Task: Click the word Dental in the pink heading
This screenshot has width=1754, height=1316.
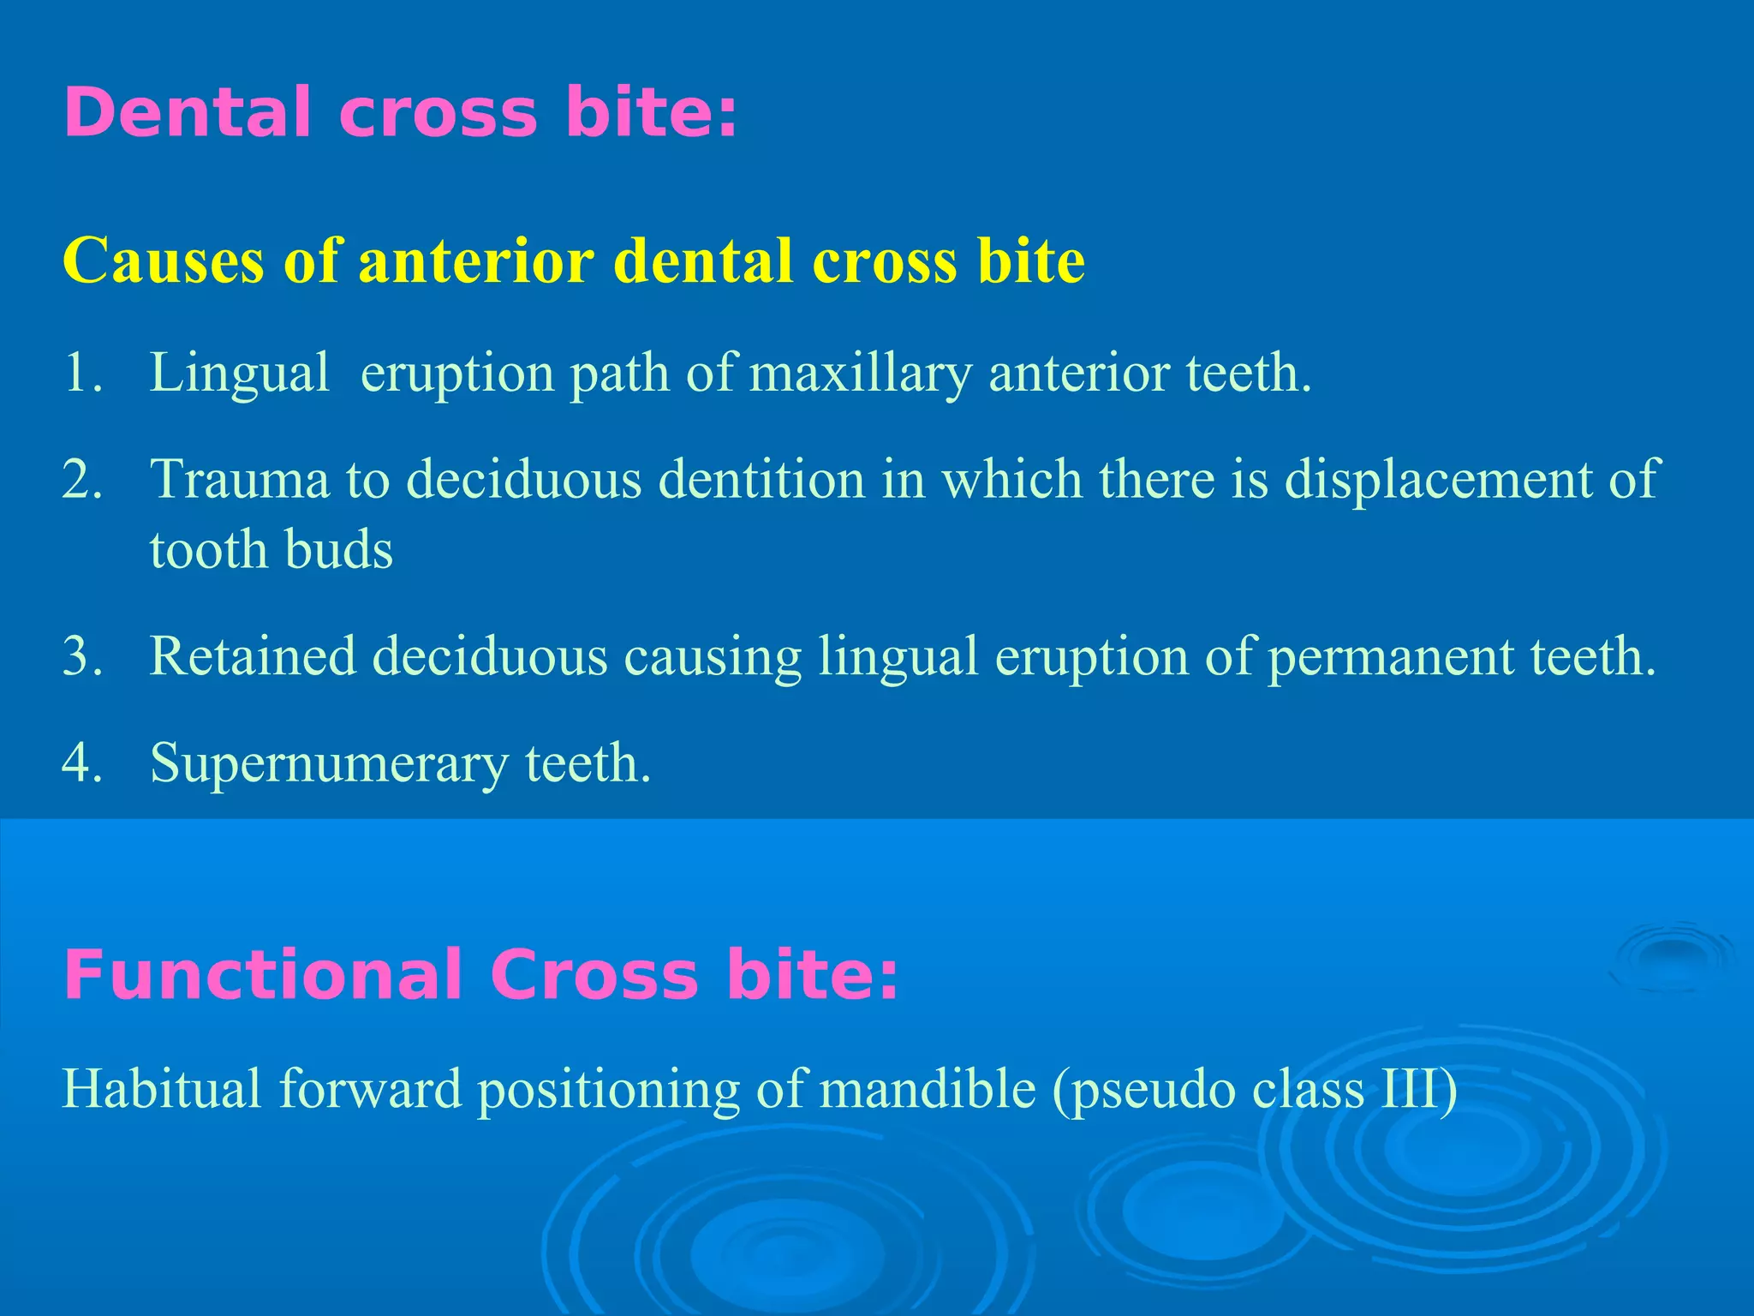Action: [188, 113]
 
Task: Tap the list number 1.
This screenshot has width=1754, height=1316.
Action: [82, 374]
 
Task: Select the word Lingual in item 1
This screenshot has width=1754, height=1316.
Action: [240, 374]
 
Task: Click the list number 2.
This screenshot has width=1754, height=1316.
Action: [82, 479]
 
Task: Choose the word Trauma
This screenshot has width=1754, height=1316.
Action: [240, 479]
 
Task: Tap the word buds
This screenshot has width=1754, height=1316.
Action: [339, 549]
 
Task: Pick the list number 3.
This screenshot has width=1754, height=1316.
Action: [82, 656]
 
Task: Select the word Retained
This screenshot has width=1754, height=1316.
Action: [253, 656]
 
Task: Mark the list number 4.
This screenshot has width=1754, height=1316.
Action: [82, 763]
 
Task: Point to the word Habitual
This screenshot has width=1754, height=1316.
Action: [162, 1089]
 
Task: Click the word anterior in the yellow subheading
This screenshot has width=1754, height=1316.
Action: [476, 260]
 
